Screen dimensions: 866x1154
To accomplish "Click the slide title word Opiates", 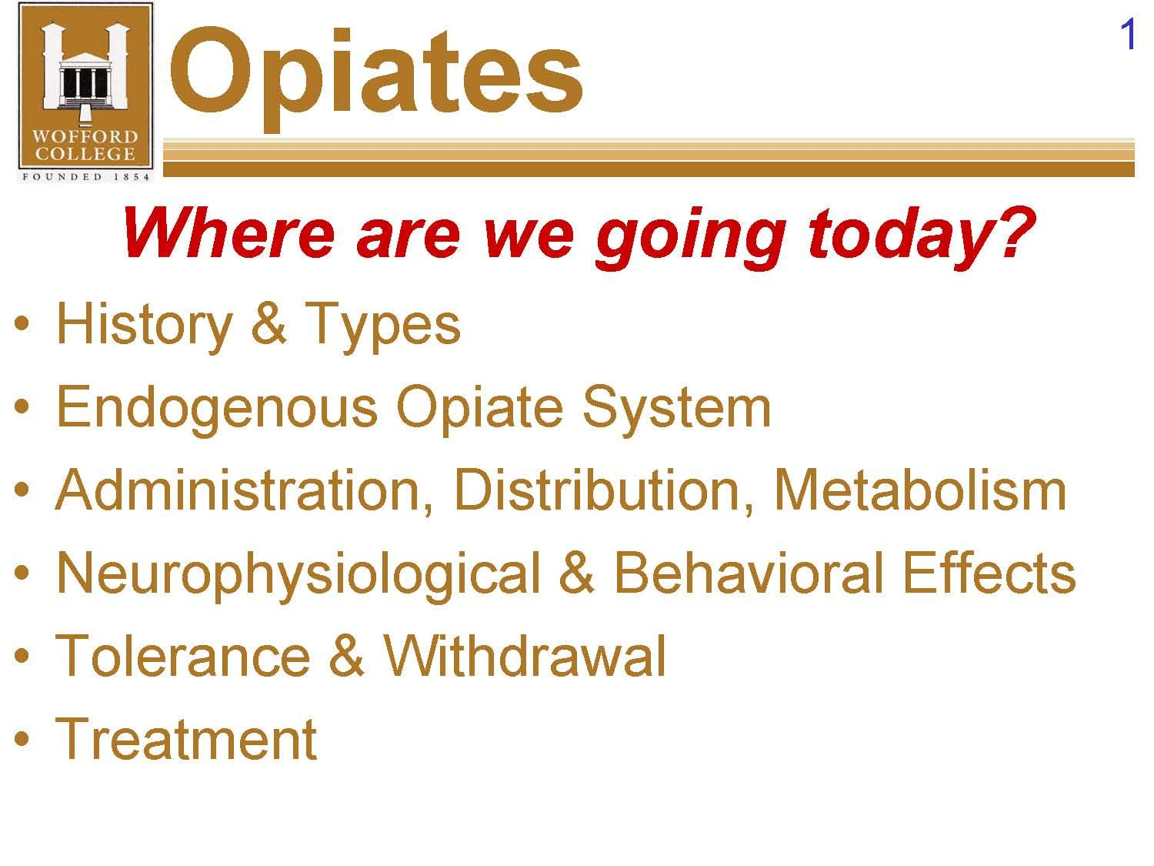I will [x=375, y=74].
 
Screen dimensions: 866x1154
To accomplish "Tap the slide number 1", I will [x=1128, y=35].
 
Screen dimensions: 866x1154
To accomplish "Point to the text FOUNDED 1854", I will [x=85, y=176].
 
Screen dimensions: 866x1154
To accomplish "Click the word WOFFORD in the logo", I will [x=85, y=137].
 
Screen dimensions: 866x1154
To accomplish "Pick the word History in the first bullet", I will [x=144, y=324].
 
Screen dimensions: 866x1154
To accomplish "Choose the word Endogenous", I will [x=217, y=408].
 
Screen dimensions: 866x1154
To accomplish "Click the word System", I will [x=675, y=408].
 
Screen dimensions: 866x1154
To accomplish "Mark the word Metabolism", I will [x=920, y=490].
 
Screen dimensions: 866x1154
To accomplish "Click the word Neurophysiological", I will [x=298, y=574].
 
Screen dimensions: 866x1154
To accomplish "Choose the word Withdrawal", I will [x=525, y=656].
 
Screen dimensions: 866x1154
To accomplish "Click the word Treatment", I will [x=186, y=739].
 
